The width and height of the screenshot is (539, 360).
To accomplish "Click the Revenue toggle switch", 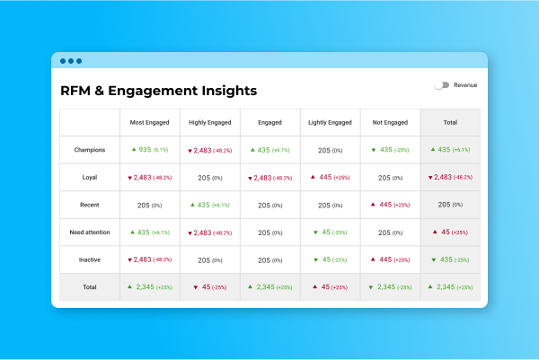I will (x=441, y=85).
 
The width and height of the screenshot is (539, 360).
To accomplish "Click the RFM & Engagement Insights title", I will (x=158, y=91).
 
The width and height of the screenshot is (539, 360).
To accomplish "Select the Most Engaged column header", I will (x=149, y=122).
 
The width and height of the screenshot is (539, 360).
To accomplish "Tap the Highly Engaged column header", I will (x=209, y=122).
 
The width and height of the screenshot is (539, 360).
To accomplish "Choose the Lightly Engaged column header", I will (x=330, y=122).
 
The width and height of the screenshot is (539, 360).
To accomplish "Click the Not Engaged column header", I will (x=390, y=122).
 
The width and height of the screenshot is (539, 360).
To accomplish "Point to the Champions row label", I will (x=90, y=150).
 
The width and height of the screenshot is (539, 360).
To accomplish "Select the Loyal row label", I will (x=90, y=178).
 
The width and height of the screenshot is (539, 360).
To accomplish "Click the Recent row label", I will (x=90, y=205).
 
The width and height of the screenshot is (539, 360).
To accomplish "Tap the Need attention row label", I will (x=90, y=233).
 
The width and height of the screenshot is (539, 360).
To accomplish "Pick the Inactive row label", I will (x=90, y=259).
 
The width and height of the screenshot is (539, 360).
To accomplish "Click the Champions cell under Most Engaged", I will (x=149, y=150).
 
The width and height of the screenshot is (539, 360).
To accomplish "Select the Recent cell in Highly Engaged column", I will (x=209, y=205).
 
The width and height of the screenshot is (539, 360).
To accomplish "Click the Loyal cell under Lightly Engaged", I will (x=330, y=178).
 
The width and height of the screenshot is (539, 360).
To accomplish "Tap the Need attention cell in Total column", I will (x=450, y=233).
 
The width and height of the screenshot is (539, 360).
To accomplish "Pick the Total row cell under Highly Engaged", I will (x=209, y=287).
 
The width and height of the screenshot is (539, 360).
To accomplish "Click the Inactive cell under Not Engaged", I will (x=390, y=259).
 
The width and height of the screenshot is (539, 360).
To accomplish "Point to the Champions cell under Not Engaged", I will (x=390, y=150).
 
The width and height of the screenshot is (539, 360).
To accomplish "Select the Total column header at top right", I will (x=450, y=122).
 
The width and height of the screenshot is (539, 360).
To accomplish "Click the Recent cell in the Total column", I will (x=450, y=205).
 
